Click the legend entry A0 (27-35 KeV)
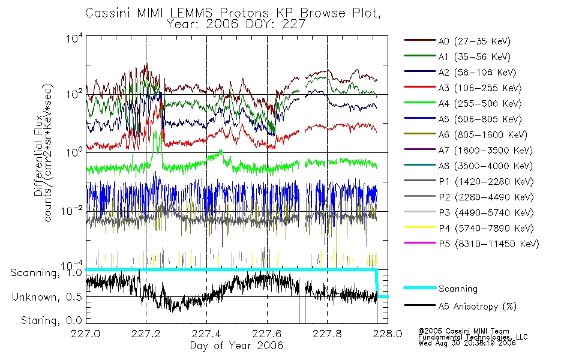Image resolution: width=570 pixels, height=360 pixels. click(474, 41)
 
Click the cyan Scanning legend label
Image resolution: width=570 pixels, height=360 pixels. click(458, 289)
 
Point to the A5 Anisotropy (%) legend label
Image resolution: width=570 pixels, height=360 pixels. click(477, 307)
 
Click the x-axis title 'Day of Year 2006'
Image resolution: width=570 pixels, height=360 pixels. click(236, 346)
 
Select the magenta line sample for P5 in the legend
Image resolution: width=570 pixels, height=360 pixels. click(419, 244)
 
